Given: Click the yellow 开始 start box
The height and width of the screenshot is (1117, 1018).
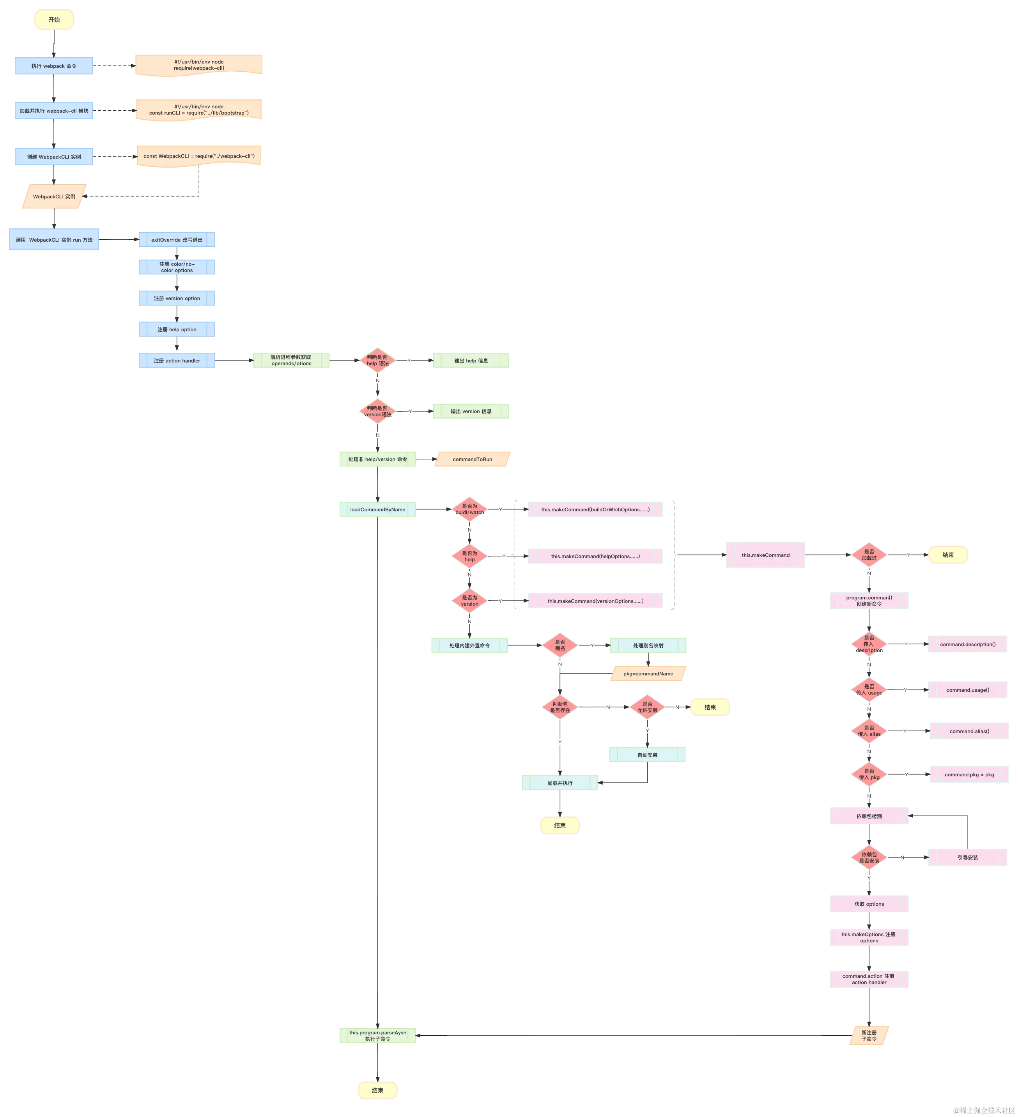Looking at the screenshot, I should [54, 19].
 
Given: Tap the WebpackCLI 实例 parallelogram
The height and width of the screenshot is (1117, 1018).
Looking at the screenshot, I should [54, 197].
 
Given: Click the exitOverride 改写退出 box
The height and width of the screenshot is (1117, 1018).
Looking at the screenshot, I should [176, 240].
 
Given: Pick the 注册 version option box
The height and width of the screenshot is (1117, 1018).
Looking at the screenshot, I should [176, 298].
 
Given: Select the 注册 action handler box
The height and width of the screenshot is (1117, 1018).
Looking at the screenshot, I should [176, 361].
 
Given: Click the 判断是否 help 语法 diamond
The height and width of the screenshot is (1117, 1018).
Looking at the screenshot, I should [377, 361].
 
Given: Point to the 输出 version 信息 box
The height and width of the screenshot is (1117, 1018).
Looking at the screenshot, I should [471, 412].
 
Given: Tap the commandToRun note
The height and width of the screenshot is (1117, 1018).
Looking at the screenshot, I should [472, 460].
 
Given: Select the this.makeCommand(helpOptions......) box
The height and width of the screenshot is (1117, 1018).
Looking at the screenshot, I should [595, 556].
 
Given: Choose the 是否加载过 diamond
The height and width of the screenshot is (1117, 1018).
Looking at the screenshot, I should [869, 555].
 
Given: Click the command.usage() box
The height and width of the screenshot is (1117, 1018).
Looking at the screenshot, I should [967, 690].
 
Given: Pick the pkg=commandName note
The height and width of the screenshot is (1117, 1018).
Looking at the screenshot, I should [648, 674].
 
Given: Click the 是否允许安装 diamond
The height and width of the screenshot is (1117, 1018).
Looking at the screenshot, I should [647, 707].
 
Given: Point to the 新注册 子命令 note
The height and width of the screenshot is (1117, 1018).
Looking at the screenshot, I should [869, 1036].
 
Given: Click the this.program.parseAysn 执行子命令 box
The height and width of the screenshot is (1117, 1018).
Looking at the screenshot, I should [377, 1036].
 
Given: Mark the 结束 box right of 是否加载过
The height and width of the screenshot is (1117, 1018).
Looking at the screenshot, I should [947, 555].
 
